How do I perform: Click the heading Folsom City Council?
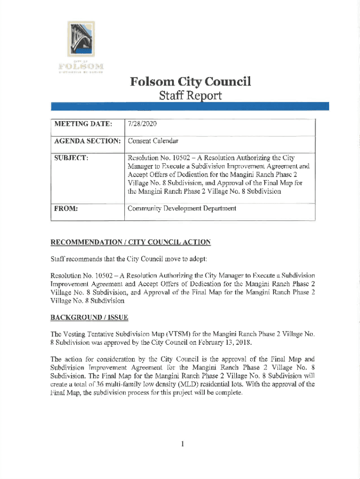click(x=191, y=82)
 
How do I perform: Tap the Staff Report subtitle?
click(x=191, y=97)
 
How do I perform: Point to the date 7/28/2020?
click(x=142, y=124)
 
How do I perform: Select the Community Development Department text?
click(x=182, y=209)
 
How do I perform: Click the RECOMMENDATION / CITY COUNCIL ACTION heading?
click(x=130, y=242)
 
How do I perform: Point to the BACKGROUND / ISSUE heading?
click(x=89, y=318)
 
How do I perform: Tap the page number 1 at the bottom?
click(x=182, y=443)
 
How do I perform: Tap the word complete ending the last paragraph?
click(x=228, y=393)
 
